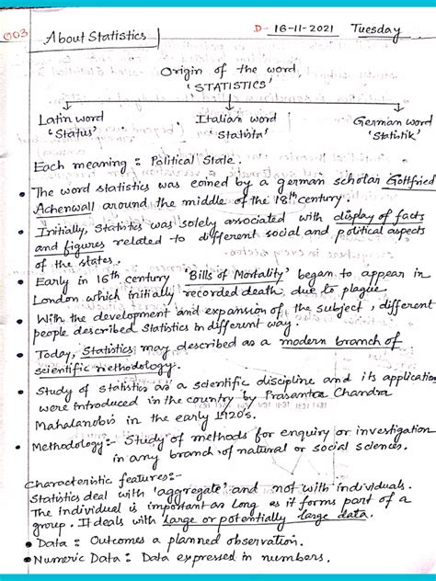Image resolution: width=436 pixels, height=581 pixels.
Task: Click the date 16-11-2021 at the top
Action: point(296,29)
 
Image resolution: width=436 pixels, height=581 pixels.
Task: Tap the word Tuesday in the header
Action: point(375,31)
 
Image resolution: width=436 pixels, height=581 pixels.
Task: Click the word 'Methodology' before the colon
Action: point(70,447)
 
